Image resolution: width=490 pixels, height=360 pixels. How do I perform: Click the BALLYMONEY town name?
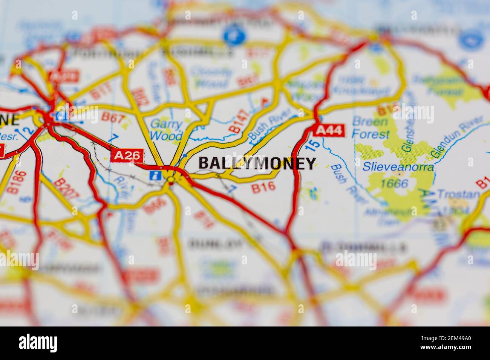click(257, 163)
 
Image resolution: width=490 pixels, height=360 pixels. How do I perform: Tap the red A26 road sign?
click(128, 155)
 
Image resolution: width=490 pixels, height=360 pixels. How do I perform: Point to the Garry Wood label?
click(167, 129)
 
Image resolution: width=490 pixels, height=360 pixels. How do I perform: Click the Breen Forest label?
click(370, 128)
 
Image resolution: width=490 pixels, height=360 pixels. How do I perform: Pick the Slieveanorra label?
click(398, 167)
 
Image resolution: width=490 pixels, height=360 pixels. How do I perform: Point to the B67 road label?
click(113, 118)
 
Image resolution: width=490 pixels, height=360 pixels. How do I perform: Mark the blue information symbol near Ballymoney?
click(155, 175)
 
